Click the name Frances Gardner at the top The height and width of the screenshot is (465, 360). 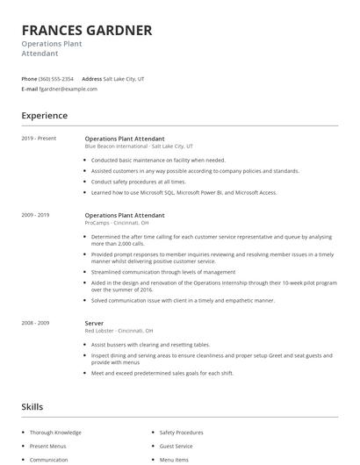(x=87, y=30)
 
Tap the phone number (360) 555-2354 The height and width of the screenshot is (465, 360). (x=56, y=79)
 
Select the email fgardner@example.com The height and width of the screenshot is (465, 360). (x=68, y=89)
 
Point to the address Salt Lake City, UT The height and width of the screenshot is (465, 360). (x=124, y=79)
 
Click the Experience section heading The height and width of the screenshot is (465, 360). (x=45, y=115)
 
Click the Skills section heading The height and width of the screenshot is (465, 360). (x=32, y=407)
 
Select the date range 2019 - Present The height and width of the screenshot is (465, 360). (x=39, y=139)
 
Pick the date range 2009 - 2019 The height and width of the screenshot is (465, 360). (x=35, y=215)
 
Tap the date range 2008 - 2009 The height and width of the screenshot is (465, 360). (x=35, y=323)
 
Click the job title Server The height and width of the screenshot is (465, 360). (x=94, y=323)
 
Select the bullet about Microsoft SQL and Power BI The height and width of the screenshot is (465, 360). (x=184, y=192)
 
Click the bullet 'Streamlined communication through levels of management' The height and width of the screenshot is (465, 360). (x=162, y=272)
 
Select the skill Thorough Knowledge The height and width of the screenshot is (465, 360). (x=55, y=433)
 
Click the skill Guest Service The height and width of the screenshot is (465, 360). (x=176, y=446)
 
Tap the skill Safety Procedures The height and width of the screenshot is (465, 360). (x=182, y=433)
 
